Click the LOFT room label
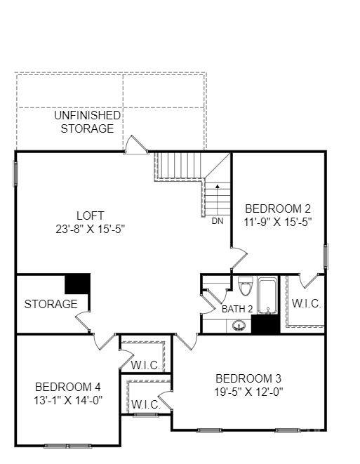click(x=91, y=216)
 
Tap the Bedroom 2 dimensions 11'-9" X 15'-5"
click(x=278, y=222)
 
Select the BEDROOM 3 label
click(x=248, y=378)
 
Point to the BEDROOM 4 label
click(x=68, y=387)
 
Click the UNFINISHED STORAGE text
click(x=87, y=122)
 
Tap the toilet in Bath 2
click(x=246, y=286)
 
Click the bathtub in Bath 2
click(x=267, y=296)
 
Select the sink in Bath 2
click(x=239, y=326)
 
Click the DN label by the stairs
click(x=218, y=221)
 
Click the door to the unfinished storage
click(x=135, y=145)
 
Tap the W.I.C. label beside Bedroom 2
click(x=306, y=303)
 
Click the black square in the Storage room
click(x=77, y=284)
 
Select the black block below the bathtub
click(x=265, y=324)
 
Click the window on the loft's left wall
click(x=15, y=173)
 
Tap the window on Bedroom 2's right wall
click(x=326, y=256)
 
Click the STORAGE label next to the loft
click(x=51, y=304)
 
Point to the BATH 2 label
click(x=237, y=310)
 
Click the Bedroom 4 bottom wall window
click(x=68, y=446)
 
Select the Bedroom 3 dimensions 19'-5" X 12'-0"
click(x=248, y=392)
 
